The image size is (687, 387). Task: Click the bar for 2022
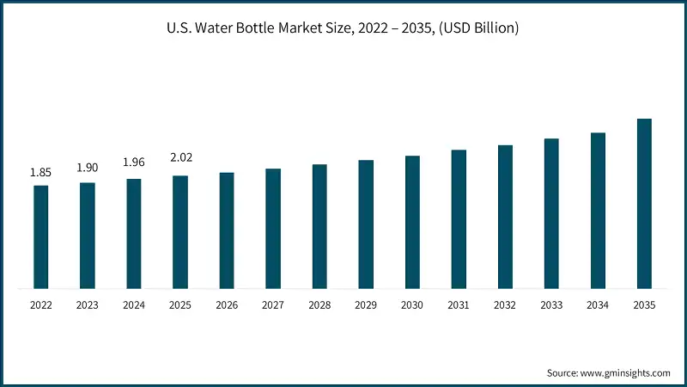[x=40, y=236]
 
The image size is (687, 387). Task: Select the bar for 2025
[x=180, y=232]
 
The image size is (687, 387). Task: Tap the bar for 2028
[x=319, y=226]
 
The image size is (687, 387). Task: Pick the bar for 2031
[x=459, y=219]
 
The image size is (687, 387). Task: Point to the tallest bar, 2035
[x=644, y=204]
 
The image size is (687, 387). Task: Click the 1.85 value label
[x=40, y=173]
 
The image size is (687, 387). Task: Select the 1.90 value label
[x=87, y=168]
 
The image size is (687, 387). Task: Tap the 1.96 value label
[x=133, y=163]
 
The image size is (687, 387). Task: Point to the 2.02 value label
[x=180, y=157]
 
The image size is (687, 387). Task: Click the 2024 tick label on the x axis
[x=133, y=305]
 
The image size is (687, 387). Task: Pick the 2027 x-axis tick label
[x=273, y=305]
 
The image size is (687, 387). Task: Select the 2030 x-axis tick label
[x=412, y=305]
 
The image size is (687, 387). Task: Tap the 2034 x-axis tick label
[x=598, y=305]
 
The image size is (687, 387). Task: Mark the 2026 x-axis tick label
[x=227, y=305]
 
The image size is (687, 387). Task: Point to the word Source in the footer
[x=563, y=372]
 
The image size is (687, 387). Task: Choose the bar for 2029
[x=366, y=224]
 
